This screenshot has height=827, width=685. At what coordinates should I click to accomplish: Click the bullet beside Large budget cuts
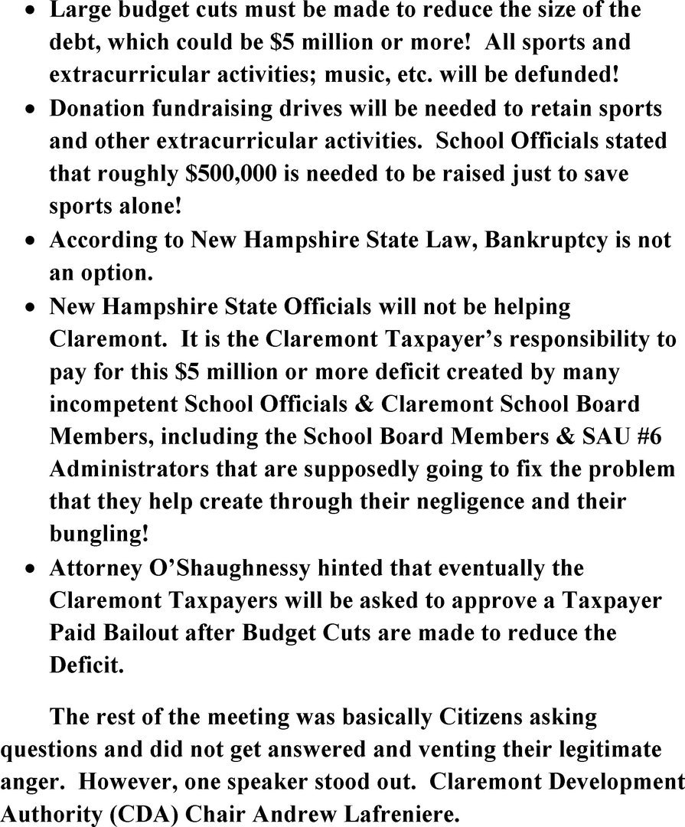(28, 11)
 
